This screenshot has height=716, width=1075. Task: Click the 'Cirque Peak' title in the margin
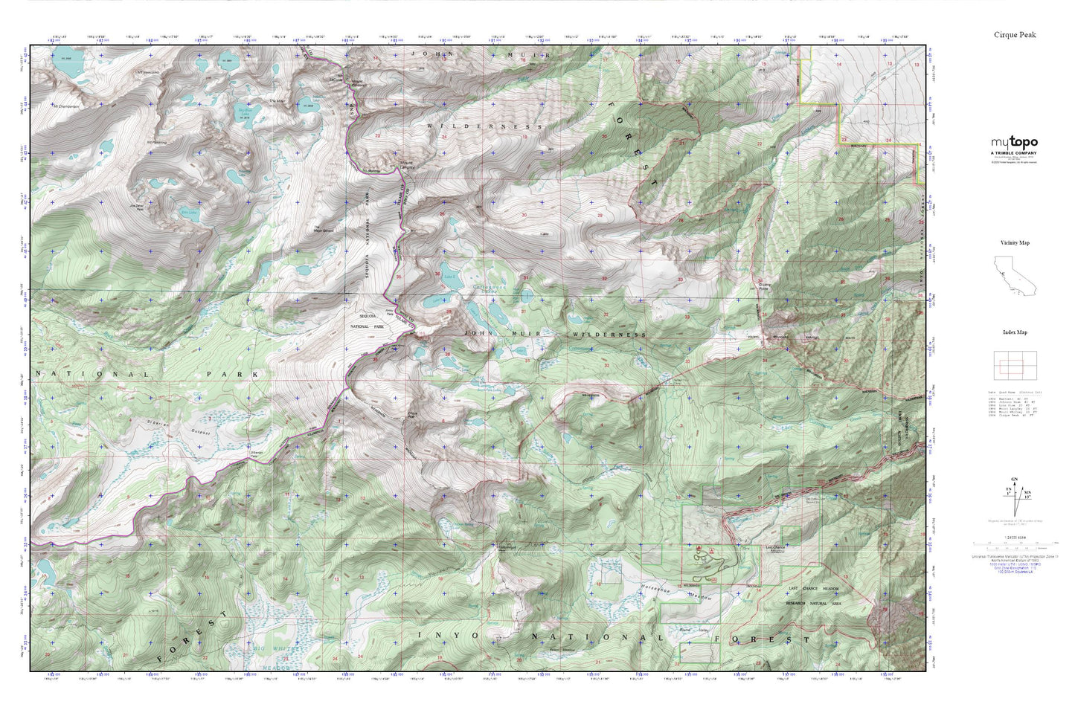point(1015,35)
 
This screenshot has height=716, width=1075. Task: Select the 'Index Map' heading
point(1014,332)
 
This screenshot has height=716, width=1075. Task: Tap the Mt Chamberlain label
point(65,105)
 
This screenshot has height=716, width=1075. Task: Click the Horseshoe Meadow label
point(677,592)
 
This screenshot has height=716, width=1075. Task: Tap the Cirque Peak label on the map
point(414,415)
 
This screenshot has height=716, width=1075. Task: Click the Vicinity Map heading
point(1015,243)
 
